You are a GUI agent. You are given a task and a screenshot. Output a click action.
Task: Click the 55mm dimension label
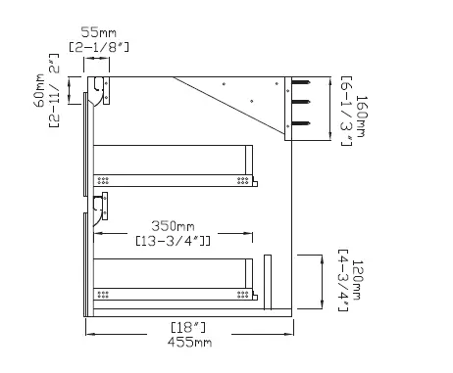98,32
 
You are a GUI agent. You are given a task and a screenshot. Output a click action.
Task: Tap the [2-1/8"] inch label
99,47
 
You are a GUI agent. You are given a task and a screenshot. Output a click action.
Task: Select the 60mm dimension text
39,90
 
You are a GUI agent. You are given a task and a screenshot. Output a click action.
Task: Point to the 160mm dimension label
361,117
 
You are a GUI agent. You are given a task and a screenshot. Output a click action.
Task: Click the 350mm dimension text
173,226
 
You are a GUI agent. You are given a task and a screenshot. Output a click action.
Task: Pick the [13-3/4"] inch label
173,241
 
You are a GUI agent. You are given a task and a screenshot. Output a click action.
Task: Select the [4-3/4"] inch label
343,281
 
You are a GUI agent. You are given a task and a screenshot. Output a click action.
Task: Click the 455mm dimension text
189,343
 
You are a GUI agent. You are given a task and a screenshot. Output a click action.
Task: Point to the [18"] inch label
188,327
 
